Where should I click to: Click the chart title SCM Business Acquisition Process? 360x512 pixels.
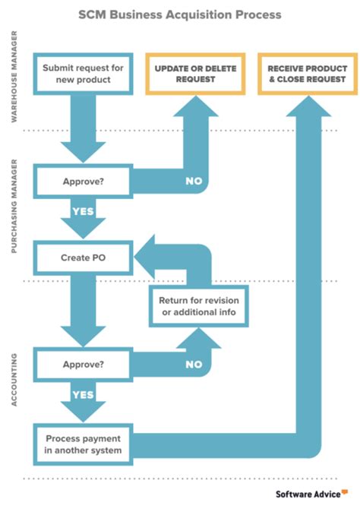click(x=180, y=14)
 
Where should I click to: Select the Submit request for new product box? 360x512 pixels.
click(x=84, y=74)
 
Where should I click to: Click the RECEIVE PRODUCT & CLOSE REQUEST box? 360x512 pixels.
click(x=306, y=74)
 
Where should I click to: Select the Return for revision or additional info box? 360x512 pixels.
click(x=199, y=306)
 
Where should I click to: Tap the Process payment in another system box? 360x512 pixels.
click(x=84, y=444)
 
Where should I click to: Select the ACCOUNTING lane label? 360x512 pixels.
click(x=14, y=378)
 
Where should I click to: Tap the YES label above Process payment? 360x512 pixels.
click(x=82, y=394)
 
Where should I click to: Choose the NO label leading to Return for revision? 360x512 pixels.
click(x=193, y=364)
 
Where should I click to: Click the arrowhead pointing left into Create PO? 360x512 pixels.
click(x=147, y=258)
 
